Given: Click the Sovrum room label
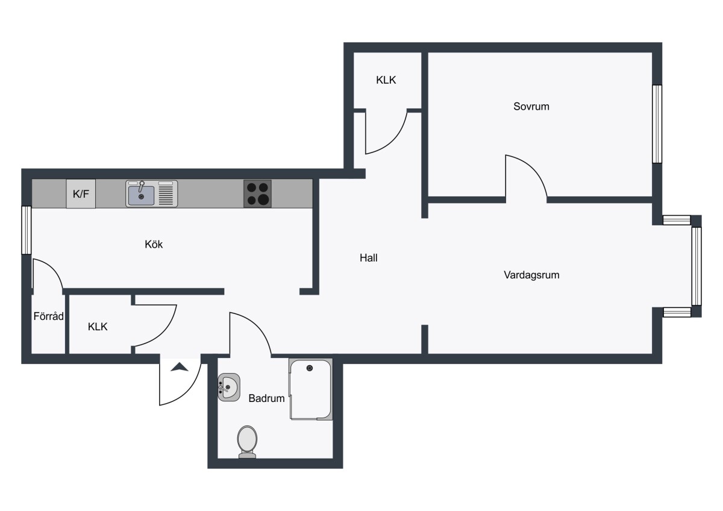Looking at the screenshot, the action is click(x=531, y=106).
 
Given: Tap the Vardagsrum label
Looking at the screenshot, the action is click(x=531, y=275).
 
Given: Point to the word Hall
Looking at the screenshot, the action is click(x=369, y=257).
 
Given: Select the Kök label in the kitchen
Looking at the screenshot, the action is click(x=154, y=244).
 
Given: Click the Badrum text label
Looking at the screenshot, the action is click(x=266, y=398).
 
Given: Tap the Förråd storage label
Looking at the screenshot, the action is click(x=48, y=316).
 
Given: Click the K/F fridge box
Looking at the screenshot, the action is click(x=81, y=193).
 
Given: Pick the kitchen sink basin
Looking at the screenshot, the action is click(x=141, y=195).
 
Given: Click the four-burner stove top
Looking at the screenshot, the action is click(x=257, y=193).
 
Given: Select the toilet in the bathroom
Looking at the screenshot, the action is click(x=247, y=442).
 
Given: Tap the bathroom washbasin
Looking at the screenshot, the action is click(x=229, y=387).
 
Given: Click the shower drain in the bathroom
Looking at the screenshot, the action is click(x=310, y=368).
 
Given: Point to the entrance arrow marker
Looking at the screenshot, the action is click(x=180, y=367).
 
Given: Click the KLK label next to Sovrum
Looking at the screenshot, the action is click(x=386, y=80).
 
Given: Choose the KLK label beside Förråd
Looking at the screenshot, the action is click(x=98, y=327).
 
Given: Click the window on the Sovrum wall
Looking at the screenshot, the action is click(x=657, y=124).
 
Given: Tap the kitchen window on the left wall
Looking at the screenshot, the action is click(x=27, y=230).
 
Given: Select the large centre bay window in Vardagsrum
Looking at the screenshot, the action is click(x=696, y=266).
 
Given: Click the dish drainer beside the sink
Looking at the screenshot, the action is click(x=166, y=193).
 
